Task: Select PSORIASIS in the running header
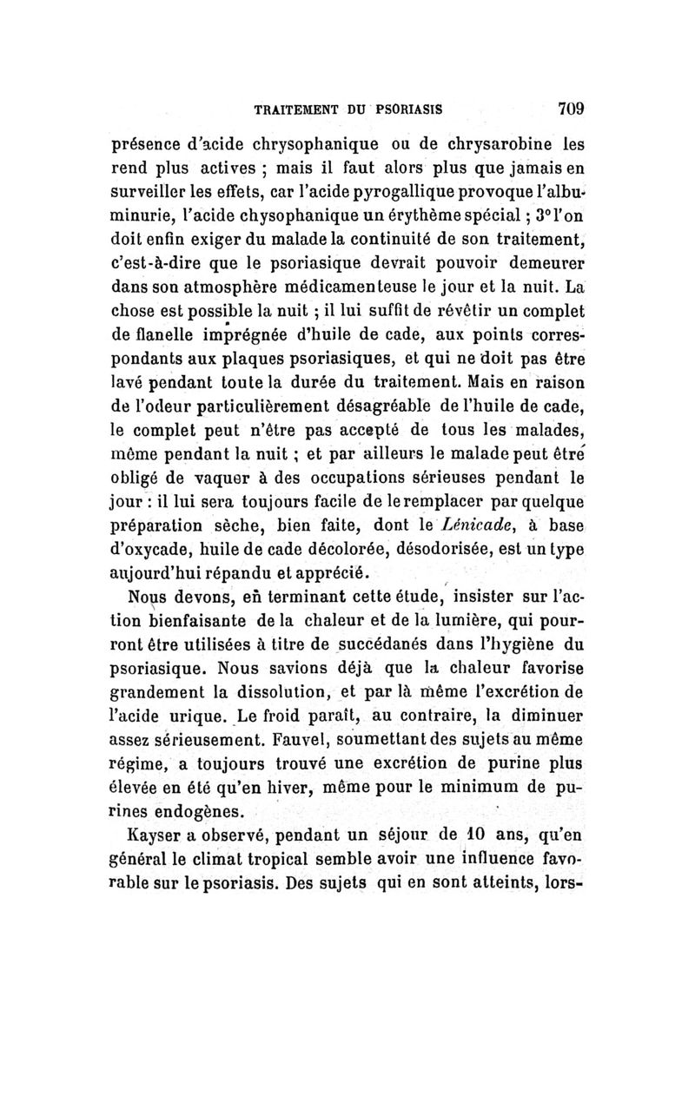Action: [408, 110]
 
